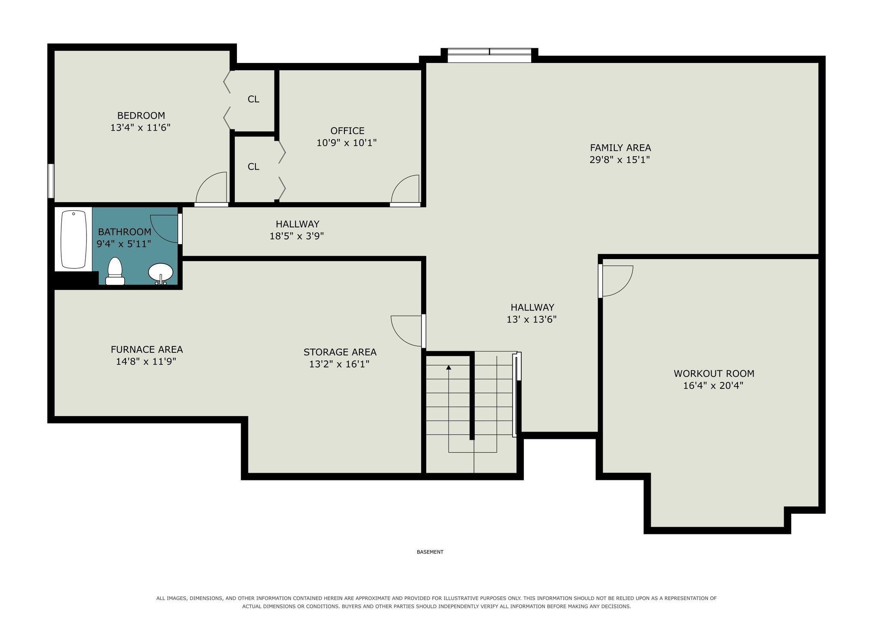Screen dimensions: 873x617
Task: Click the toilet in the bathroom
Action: click(x=115, y=271)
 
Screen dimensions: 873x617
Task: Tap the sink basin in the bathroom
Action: click(x=161, y=272)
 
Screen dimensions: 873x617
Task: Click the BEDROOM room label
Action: click(x=141, y=116)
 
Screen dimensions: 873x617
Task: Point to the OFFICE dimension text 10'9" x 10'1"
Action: click(x=347, y=143)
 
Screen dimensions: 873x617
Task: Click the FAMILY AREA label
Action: click(x=620, y=148)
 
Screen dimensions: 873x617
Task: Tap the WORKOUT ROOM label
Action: click(x=714, y=373)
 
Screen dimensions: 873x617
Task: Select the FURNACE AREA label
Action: click(x=146, y=349)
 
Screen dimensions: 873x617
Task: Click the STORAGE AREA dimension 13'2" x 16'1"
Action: click(x=339, y=364)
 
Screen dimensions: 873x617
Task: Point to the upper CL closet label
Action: click(x=253, y=99)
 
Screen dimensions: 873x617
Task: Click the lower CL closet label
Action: click(x=253, y=166)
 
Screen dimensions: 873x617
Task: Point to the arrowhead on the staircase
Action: click(x=448, y=367)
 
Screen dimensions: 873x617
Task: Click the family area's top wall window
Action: click(x=489, y=55)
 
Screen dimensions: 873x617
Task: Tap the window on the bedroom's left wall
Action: click(x=51, y=181)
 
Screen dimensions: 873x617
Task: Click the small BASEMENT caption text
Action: click(x=430, y=552)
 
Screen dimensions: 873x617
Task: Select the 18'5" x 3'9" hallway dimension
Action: click(x=296, y=236)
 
